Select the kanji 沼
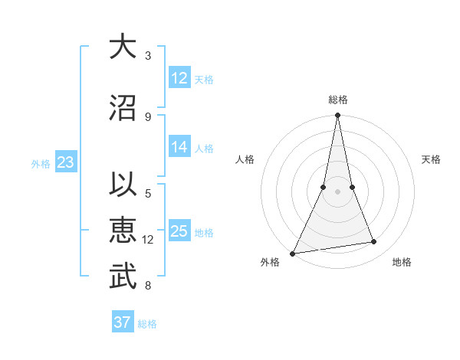tap(120, 108)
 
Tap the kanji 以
tap(120, 185)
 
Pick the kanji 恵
tap(120, 231)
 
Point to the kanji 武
tap(120, 277)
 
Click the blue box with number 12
tap(179, 77)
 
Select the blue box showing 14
tap(179, 147)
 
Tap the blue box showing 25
tap(179, 231)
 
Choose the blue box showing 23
tap(65, 162)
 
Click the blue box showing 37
tap(123, 322)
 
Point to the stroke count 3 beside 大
tap(148, 56)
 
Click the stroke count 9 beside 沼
tap(148, 117)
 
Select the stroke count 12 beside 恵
tap(148, 240)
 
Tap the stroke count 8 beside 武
tap(148, 286)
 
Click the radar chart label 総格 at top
tap(338, 100)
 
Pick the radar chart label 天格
tap(432, 159)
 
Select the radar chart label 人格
tap(245, 159)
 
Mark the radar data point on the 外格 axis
tap(293, 253)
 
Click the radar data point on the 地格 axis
tap(374, 242)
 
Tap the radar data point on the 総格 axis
tap(337, 116)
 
